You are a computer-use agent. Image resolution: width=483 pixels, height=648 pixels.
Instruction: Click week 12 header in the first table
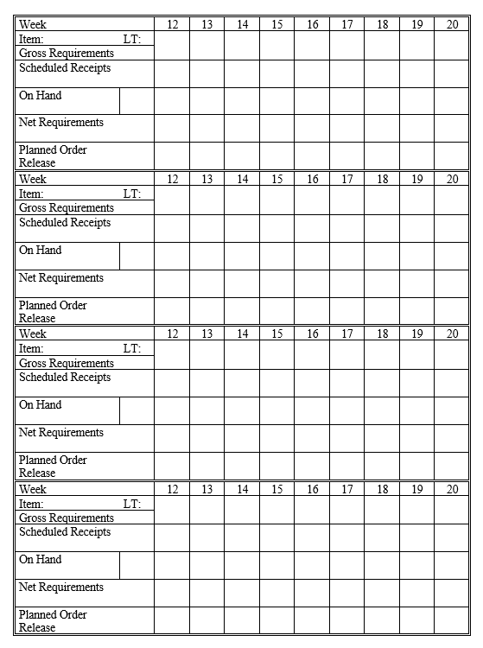coord(172,24)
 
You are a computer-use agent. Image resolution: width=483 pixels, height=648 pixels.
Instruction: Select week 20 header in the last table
coord(452,489)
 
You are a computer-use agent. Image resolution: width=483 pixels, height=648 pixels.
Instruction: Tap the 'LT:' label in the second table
coord(132,194)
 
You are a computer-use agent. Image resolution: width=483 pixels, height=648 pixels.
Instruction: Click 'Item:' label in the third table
coord(31,349)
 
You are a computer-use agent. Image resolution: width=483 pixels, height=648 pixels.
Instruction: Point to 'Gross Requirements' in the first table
coord(67,53)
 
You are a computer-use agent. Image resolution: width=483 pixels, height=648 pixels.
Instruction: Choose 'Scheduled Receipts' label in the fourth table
coord(65,532)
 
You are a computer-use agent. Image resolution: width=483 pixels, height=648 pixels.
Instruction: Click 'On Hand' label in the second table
coord(41,251)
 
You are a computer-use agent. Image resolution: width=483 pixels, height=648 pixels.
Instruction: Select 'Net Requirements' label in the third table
coord(61,433)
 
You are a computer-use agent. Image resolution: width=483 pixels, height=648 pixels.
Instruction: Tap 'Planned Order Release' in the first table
coord(53,156)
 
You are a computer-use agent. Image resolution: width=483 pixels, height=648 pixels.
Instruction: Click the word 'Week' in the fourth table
coord(33,489)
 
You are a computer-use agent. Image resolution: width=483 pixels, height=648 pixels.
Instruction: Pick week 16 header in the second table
coord(312,179)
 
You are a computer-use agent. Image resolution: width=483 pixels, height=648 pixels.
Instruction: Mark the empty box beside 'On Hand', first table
coord(137,100)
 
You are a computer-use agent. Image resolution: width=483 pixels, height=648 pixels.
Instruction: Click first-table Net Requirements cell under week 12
coord(172,128)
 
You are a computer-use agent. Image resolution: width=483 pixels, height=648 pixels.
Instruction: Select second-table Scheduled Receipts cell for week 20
coord(452,228)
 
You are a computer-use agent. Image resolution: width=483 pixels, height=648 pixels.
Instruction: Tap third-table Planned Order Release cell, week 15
coord(276,466)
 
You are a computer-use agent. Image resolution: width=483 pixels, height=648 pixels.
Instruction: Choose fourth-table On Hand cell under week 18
coord(382,565)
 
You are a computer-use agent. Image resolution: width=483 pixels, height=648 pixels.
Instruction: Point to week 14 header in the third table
coord(242,334)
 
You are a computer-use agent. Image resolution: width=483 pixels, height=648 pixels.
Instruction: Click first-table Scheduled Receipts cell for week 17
coord(346,73)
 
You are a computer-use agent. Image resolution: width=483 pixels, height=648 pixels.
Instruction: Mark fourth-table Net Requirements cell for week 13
coord(207,593)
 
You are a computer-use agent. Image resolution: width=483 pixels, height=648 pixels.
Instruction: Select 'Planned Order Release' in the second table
coord(53,311)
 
